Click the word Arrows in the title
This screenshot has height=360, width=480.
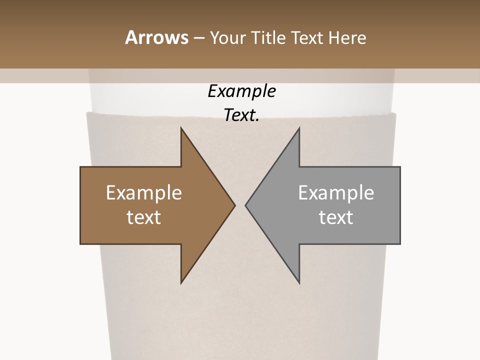point(155,37)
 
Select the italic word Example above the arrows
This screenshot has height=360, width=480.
point(241,91)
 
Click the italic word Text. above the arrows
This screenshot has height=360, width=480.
point(241,115)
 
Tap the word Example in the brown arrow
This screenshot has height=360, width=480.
point(144,192)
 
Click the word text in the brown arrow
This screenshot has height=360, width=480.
point(144,217)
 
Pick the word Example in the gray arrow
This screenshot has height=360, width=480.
point(336,192)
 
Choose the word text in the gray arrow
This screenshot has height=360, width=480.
point(336,217)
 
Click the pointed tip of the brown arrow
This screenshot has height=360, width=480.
point(233,205)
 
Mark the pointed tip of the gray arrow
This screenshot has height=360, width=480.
point(247,205)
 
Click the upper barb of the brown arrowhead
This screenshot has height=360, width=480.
point(182,131)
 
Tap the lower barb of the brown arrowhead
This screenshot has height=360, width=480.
point(182,280)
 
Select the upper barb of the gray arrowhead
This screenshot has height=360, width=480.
point(298,131)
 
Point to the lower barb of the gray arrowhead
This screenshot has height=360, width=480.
point(298,280)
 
